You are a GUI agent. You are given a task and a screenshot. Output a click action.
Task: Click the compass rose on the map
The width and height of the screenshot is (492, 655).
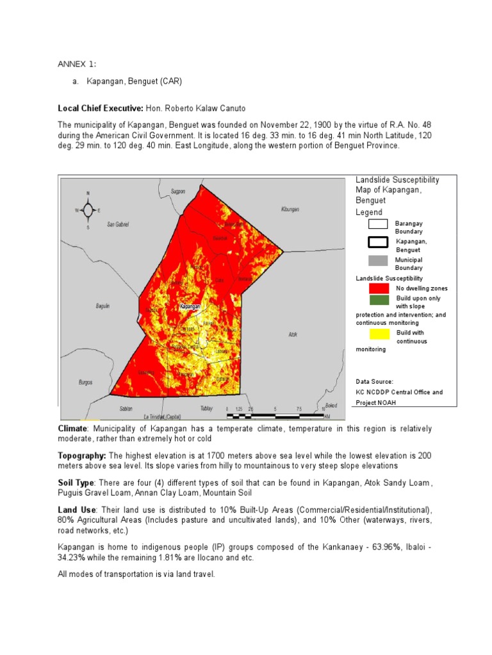pos(88,210)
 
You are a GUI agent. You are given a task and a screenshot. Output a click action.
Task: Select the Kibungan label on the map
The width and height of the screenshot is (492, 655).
pos(290,209)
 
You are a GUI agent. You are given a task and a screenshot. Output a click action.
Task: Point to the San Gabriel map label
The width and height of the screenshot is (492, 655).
pos(118,225)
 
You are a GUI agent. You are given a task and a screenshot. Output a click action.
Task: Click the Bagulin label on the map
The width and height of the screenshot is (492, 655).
pos(102,306)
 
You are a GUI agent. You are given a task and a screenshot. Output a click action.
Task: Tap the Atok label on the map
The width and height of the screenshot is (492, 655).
pos(293,334)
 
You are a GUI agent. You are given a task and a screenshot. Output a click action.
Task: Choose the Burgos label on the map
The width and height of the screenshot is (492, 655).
pos(85,382)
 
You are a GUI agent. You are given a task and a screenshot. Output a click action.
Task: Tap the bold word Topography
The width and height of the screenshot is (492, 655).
pos(82,455)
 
